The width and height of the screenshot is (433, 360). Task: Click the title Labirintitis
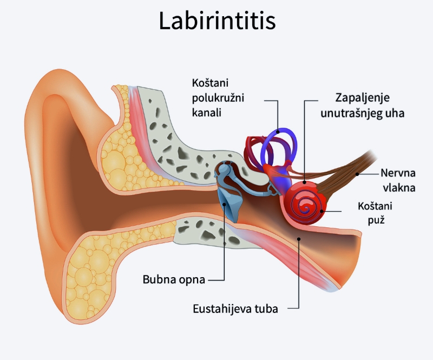(217, 21)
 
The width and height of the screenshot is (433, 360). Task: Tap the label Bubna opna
(174, 279)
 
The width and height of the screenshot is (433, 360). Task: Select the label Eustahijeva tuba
(235, 309)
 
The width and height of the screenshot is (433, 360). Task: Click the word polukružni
(218, 99)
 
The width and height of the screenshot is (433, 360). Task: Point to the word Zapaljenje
(362, 99)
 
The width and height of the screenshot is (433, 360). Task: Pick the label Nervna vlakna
(398, 180)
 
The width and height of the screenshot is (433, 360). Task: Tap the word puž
(376, 220)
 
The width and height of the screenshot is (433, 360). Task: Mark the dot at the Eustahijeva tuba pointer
(299, 239)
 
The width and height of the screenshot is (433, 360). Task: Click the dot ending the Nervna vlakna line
(357, 174)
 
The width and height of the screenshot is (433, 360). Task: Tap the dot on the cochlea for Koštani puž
(322, 211)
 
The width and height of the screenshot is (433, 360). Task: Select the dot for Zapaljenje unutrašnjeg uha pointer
(305, 182)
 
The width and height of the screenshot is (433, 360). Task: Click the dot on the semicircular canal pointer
(278, 132)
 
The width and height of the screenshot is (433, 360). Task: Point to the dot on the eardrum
(225, 205)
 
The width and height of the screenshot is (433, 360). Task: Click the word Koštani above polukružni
(210, 83)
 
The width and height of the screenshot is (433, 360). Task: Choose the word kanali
(207, 113)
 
